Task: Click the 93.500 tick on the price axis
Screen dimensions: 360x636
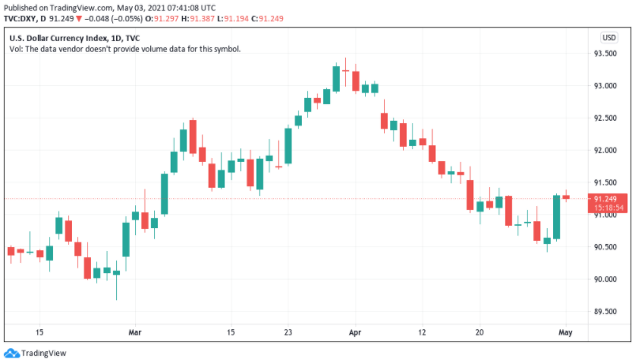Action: [605, 53]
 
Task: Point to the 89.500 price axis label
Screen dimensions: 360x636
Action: [605, 311]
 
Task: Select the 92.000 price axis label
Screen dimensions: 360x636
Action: [605, 150]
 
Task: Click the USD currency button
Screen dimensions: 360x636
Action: [609, 37]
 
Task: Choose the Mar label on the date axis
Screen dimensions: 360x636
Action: [135, 332]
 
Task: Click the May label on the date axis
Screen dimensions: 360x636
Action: [566, 332]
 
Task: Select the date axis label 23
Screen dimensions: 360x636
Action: [289, 332]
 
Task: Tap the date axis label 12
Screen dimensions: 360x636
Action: [423, 332]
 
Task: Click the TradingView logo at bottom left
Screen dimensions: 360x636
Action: [36, 353]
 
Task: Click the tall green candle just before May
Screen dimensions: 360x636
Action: [556, 217]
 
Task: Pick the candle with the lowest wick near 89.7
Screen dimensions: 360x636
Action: [116, 273]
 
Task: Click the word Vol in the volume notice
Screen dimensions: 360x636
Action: [15, 49]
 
